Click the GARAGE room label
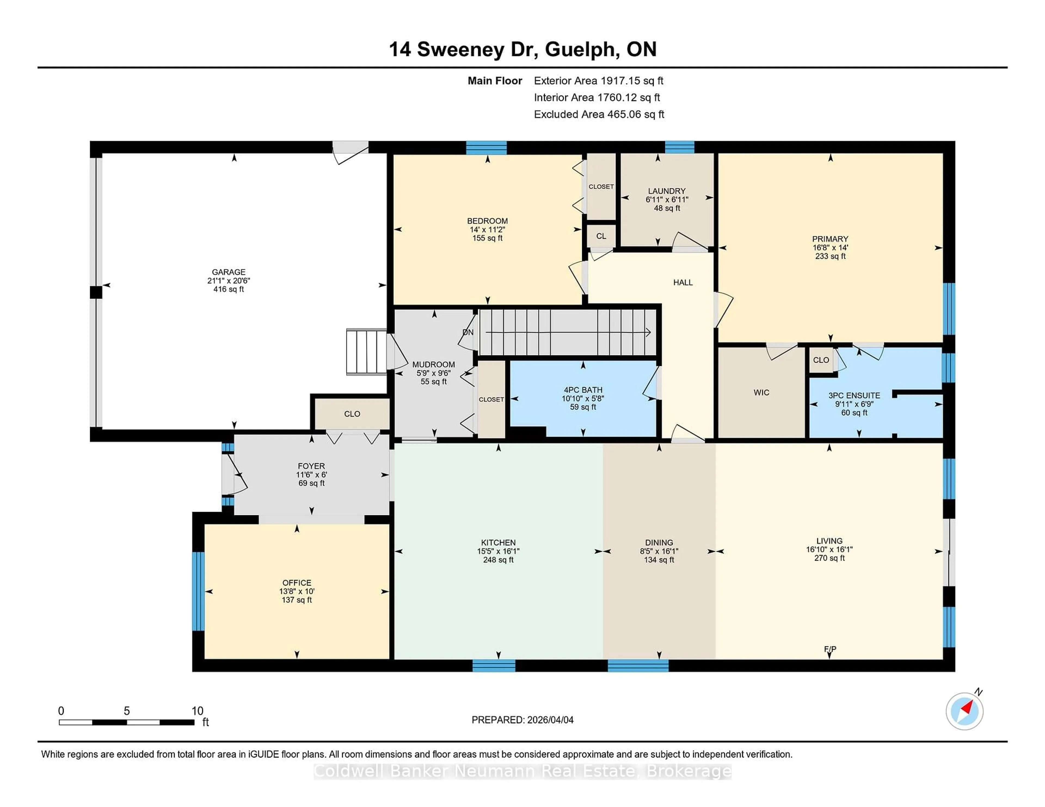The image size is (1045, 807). [228, 272]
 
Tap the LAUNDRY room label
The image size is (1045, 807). [666, 191]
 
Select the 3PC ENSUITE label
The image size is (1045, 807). [854, 395]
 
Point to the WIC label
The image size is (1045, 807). [761, 393]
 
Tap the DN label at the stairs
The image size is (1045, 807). [468, 332]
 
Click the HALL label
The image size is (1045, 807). [683, 283]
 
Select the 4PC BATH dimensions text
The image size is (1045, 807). [583, 398]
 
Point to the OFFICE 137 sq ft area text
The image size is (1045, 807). [297, 600]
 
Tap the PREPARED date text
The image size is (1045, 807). [522, 719]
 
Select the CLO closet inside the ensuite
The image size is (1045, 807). [820, 360]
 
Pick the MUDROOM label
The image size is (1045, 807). [434, 364]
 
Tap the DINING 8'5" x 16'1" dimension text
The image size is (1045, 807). [659, 551]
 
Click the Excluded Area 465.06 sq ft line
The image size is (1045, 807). [599, 114]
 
